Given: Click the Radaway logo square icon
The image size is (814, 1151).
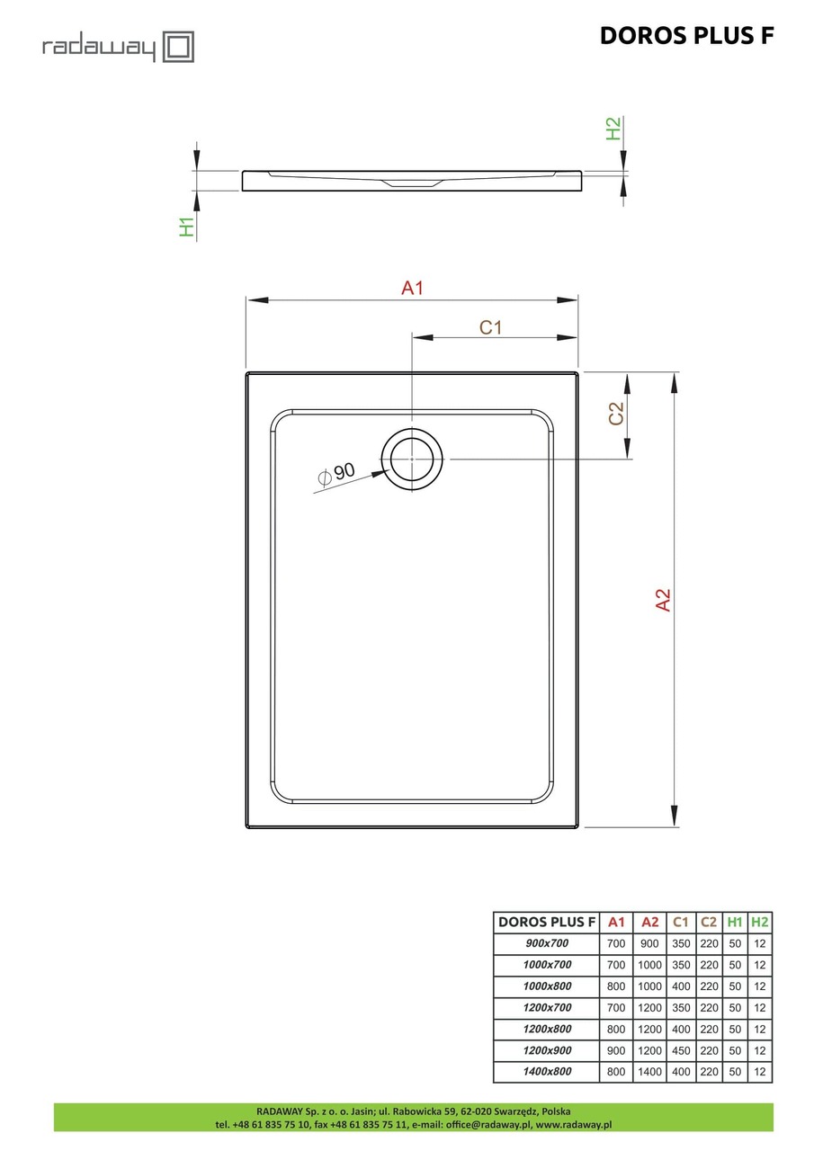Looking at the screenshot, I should (178, 46).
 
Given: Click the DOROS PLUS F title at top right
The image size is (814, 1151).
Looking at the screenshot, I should (686, 35).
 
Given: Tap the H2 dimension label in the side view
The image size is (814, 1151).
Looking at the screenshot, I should (614, 129).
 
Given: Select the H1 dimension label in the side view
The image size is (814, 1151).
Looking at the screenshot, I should (187, 227).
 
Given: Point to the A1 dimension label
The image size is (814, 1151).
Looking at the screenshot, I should (412, 289).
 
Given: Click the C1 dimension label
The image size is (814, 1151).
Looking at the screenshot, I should (490, 327).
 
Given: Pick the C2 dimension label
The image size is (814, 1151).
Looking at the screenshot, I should (616, 414).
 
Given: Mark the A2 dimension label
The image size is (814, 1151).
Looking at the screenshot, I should (663, 601).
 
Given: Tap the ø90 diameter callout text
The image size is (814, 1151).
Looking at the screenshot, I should (336, 473).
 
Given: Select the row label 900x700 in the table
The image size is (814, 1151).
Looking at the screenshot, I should (546, 943).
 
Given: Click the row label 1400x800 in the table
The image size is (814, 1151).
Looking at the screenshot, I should (546, 1072).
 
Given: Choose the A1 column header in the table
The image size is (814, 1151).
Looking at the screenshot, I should (616, 922).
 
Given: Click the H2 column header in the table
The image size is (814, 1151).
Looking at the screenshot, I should (760, 922).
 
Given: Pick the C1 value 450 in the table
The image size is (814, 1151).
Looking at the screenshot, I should (681, 1050).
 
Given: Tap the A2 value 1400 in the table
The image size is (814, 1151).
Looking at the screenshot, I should (649, 1072).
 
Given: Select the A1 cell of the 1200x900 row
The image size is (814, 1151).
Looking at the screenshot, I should (616, 1050).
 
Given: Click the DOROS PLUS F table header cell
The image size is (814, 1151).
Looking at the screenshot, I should (546, 922).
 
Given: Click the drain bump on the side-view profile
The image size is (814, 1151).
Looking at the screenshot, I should (412, 183).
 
